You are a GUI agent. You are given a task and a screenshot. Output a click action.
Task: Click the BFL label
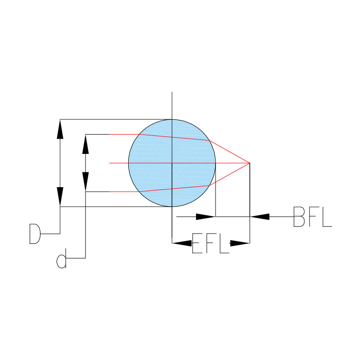click(x=313, y=217)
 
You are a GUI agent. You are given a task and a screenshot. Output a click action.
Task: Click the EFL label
click(x=211, y=243)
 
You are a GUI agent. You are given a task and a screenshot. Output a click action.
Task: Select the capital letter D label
click(x=35, y=234)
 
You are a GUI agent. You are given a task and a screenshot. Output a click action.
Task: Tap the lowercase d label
click(x=62, y=258)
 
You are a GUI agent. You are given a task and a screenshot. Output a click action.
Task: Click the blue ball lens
click(x=172, y=163)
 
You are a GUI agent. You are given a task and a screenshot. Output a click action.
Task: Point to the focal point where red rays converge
click(x=250, y=163)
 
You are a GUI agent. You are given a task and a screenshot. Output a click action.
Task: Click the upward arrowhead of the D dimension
click(x=60, y=129)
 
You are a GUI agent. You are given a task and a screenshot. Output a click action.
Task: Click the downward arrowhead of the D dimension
click(x=60, y=197)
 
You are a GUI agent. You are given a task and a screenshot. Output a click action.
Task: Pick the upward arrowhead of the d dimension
click(x=85, y=144)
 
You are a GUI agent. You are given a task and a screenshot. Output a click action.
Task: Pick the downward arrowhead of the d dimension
click(x=85, y=182)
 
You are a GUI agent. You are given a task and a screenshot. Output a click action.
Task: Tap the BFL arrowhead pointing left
click(x=260, y=216)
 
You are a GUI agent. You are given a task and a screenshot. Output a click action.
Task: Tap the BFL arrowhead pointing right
click(x=206, y=216)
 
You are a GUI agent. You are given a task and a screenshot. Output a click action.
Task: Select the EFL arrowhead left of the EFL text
click(x=182, y=243)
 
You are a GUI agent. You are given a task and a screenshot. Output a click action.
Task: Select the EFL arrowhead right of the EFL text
click(x=240, y=243)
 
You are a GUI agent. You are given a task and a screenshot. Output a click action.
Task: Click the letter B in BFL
click(x=299, y=217)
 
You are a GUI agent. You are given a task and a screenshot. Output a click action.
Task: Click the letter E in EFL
click(x=197, y=243)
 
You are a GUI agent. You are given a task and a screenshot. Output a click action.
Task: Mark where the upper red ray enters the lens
click(x=139, y=134)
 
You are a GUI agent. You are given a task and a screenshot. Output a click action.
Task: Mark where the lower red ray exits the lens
click(x=209, y=185)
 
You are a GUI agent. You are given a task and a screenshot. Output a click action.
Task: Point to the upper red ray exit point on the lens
click(x=209, y=140)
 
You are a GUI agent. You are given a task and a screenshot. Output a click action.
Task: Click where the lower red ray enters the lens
click(x=139, y=192)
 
